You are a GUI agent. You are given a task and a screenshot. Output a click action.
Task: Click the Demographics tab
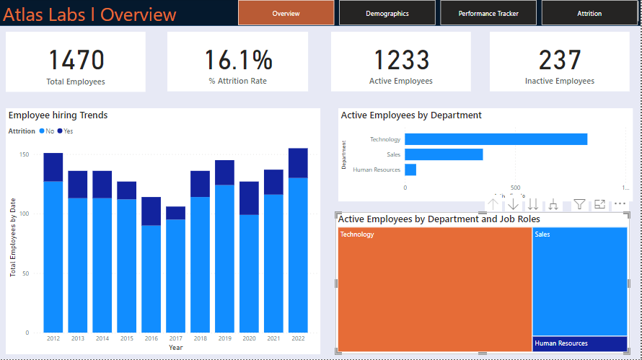pyautogui.click(x=387, y=13)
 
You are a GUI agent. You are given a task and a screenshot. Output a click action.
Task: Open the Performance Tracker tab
pyautogui.click(x=488, y=13)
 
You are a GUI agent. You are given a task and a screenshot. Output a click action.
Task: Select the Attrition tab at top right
pyautogui.click(x=589, y=13)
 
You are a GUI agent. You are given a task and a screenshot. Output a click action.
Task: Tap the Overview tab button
pyautogui.click(x=286, y=13)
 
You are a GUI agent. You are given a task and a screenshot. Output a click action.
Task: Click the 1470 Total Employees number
pyautogui.click(x=76, y=61)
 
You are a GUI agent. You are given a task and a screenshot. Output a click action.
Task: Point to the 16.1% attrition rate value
pyautogui.click(x=238, y=61)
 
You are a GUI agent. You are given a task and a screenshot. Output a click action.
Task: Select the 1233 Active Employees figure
pyautogui.click(x=400, y=61)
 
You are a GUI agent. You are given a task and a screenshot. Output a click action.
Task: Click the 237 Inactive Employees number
pyautogui.click(x=560, y=61)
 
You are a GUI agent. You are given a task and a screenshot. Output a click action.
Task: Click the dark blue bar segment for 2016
pyautogui.click(x=151, y=211)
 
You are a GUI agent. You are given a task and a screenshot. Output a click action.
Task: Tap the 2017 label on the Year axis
pyautogui.click(x=175, y=338)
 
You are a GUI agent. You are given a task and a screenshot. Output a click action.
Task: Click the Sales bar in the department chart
pyautogui.click(x=444, y=154)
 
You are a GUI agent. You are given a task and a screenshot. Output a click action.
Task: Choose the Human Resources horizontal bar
pyautogui.click(x=410, y=170)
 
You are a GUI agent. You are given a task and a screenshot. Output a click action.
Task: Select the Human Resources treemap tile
pyautogui.click(x=580, y=344)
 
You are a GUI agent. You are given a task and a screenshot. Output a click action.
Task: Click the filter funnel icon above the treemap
pyautogui.click(x=579, y=204)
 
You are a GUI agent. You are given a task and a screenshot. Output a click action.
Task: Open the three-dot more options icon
pyautogui.click(x=620, y=204)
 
